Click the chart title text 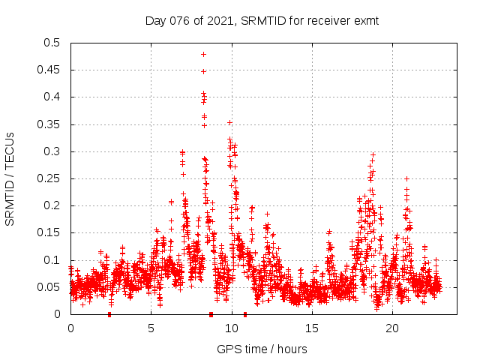[262, 20]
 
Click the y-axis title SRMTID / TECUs [10, 178]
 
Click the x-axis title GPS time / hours [262, 349]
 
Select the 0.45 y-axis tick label [52, 70]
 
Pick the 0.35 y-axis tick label [52, 124]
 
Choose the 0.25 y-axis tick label [52, 178]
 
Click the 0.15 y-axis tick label [52, 233]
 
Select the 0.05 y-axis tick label [52, 287]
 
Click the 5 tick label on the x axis [151, 328]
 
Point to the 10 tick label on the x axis [232, 328]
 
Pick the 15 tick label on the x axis [312, 328]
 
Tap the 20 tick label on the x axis [392, 328]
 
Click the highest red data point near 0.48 [203, 54]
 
